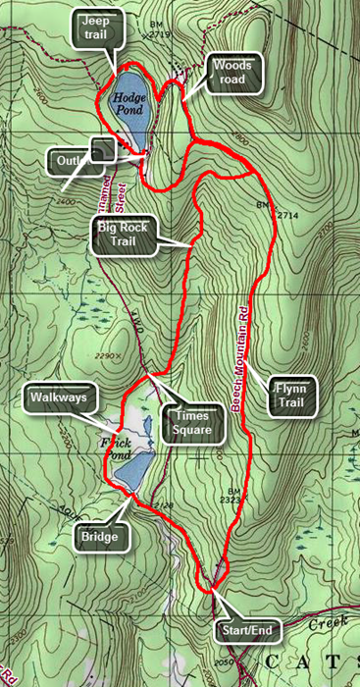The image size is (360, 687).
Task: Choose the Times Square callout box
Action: (192, 424)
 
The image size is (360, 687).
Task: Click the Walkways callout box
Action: (57, 397)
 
